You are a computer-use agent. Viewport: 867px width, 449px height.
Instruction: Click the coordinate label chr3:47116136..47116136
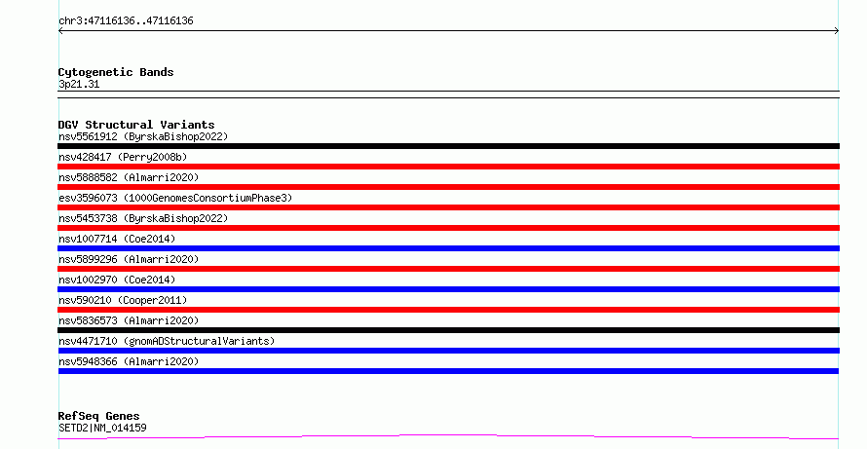tap(126, 21)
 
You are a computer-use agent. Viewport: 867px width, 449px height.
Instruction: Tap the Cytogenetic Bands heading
tap(116, 72)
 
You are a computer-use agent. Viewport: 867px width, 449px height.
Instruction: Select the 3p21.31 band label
tap(79, 85)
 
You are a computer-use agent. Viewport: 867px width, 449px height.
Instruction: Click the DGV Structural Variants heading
tap(136, 125)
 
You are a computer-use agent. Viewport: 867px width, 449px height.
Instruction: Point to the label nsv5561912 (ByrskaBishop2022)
tap(143, 136)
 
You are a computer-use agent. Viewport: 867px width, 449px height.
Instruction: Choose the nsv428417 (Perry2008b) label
tap(123, 157)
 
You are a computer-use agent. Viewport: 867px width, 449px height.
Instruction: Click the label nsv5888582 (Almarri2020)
tap(129, 177)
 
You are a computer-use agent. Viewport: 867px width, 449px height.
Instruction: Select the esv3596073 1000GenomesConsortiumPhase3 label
tap(175, 198)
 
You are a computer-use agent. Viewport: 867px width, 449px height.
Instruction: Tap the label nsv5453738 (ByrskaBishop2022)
tap(143, 218)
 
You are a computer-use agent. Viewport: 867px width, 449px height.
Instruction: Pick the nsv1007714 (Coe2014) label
tap(117, 239)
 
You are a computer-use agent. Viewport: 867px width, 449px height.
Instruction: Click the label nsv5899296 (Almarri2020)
tap(129, 259)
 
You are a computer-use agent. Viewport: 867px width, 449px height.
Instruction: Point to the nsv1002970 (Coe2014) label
tap(117, 280)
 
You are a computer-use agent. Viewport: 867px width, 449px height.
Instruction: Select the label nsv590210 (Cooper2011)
tap(123, 300)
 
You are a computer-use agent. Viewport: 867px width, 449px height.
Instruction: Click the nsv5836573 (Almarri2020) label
tap(129, 320)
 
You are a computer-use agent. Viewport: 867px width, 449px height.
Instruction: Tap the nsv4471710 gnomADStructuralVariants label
tap(167, 341)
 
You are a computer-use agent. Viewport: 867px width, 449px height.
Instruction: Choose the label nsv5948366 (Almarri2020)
tap(129, 361)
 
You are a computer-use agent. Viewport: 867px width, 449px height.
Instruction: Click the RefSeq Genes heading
tap(99, 416)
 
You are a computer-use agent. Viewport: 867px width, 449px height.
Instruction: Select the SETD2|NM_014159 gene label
tap(102, 428)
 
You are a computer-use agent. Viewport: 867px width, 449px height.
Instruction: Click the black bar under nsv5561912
tap(448, 146)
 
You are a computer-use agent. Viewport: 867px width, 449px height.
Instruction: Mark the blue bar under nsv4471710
tap(448, 351)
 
